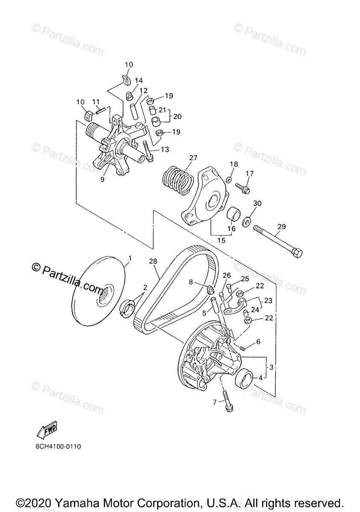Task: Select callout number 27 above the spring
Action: (x=193, y=158)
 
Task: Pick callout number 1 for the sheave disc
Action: (x=130, y=258)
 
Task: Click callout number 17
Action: (x=250, y=173)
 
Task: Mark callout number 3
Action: (x=270, y=367)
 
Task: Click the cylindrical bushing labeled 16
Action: (x=233, y=214)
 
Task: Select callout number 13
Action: (x=165, y=149)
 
